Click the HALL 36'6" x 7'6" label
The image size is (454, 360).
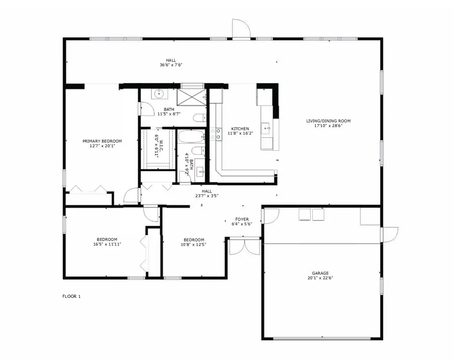pos(171,63)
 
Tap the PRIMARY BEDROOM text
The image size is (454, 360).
pos(102,141)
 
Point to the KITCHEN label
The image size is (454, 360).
pos(240,129)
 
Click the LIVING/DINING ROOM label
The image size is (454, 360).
pos(328,121)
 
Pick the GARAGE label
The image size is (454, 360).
pos(320,273)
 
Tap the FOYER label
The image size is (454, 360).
pos(242,219)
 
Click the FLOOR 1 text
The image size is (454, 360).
pos(72,296)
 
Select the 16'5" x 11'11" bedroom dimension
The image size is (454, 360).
pos(107,244)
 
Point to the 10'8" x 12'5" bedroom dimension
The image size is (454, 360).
pos(194,244)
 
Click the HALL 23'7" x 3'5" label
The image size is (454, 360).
pos(207,193)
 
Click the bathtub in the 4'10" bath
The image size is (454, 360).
pos(191,137)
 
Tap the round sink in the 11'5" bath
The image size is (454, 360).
pos(159,94)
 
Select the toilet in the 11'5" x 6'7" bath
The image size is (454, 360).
pos(199,118)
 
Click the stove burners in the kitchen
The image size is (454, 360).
pos(216,134)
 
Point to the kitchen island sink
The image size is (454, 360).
pos(266,128)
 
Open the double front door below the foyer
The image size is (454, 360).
pos(245,246)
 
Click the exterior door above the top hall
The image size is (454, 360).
pos(241,28)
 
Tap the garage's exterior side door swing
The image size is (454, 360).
pos(390,235)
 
